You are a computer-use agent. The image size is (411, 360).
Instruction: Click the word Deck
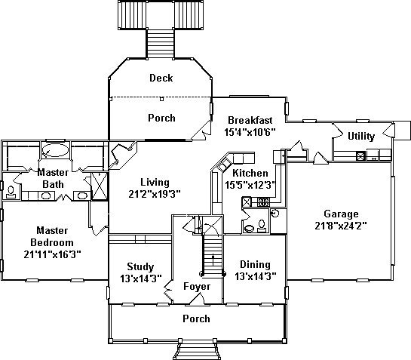click(161, 78)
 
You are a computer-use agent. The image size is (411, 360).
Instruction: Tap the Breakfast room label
click(250, 120)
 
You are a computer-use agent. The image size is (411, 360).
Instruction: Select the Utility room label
click(361, 136)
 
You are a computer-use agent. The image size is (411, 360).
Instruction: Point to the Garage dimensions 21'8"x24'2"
click(341, 226)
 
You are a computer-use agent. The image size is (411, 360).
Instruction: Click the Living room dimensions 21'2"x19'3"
click(155, 194)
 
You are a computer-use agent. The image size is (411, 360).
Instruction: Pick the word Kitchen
click(250, 173)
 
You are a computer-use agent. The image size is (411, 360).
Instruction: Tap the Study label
click(140, 267)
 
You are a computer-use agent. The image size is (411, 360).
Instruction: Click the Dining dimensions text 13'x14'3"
click(256, 276)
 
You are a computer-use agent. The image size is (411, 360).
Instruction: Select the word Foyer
click(197, 287)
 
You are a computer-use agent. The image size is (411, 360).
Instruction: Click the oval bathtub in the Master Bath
click(55, 150)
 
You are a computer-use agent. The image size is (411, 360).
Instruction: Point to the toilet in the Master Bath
click(11, 192)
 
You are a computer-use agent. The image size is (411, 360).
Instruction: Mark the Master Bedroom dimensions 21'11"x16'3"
click(52, 254)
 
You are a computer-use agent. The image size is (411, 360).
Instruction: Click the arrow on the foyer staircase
click(213, 260)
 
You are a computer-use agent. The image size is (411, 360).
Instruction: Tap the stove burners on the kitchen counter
click(263, 202)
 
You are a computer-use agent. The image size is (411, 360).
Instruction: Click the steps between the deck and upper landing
click(161, 44)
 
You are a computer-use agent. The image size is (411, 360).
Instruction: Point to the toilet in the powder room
click(262, 226)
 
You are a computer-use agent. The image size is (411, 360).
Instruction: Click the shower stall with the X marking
click(99, 186)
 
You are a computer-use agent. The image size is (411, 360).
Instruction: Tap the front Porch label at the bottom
click(196, 318)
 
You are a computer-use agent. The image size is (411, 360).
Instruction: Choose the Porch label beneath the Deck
click(161, 118)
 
